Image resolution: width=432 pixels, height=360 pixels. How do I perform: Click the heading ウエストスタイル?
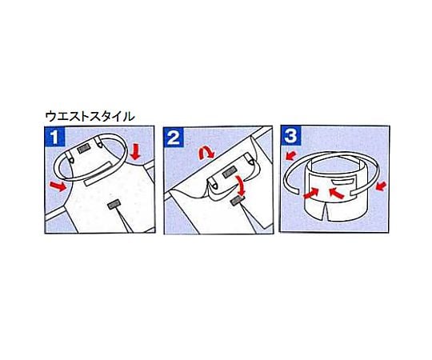(90, 117)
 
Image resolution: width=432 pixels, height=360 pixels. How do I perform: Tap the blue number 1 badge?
(55, 137)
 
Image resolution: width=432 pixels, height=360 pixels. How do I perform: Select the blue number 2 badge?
(174, 137)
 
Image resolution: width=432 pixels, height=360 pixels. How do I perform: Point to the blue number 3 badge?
(290, 135)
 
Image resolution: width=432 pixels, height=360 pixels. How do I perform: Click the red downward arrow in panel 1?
(135, 152)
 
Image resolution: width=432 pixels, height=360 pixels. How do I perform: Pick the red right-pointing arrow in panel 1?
(58, 186)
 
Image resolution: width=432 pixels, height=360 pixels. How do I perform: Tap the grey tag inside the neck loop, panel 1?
(83, 150)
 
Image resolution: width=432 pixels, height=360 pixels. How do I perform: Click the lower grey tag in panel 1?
(113, 204)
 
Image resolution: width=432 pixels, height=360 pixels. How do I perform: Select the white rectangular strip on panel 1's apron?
(99, 174)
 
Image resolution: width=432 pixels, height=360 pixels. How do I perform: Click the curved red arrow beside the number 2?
(206, 152)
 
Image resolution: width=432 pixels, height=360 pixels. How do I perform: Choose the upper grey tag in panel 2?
(230, 173)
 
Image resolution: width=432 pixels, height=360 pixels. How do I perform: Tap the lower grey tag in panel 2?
(238, 202)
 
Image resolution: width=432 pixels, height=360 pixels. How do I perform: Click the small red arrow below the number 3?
(290, 156)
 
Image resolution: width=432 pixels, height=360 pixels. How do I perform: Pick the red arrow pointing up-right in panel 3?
(310, 193)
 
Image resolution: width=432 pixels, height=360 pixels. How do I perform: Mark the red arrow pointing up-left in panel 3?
(337, 193)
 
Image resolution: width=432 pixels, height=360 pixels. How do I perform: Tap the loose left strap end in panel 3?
(294, 190)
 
